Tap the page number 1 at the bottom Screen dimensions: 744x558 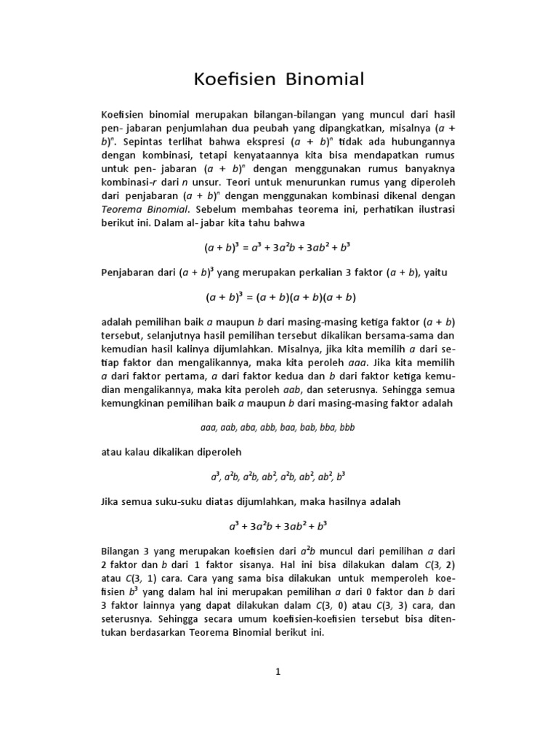[278, 673]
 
